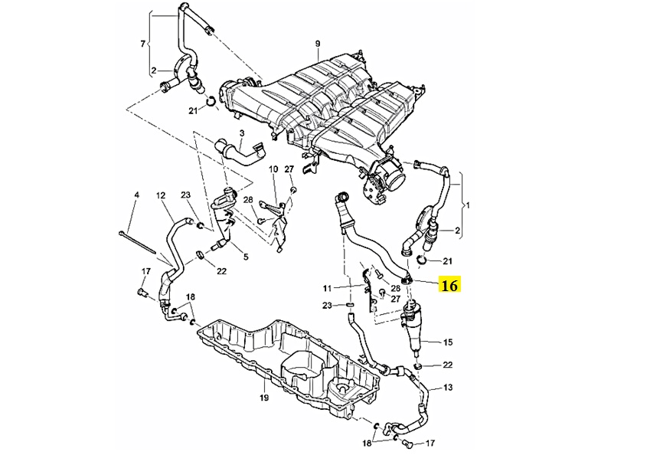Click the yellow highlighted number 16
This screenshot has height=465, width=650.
point(449,286)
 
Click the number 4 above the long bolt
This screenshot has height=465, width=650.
point(136,195)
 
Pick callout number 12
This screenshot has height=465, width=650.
point(161,195)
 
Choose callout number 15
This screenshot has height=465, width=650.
point(449,342)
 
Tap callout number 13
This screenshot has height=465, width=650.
point(448,388)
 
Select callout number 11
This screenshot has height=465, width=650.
point(327,289)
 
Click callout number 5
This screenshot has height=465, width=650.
point(245,257)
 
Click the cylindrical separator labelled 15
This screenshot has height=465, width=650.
point(413,326)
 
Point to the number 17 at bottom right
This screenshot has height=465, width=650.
point(430,443)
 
